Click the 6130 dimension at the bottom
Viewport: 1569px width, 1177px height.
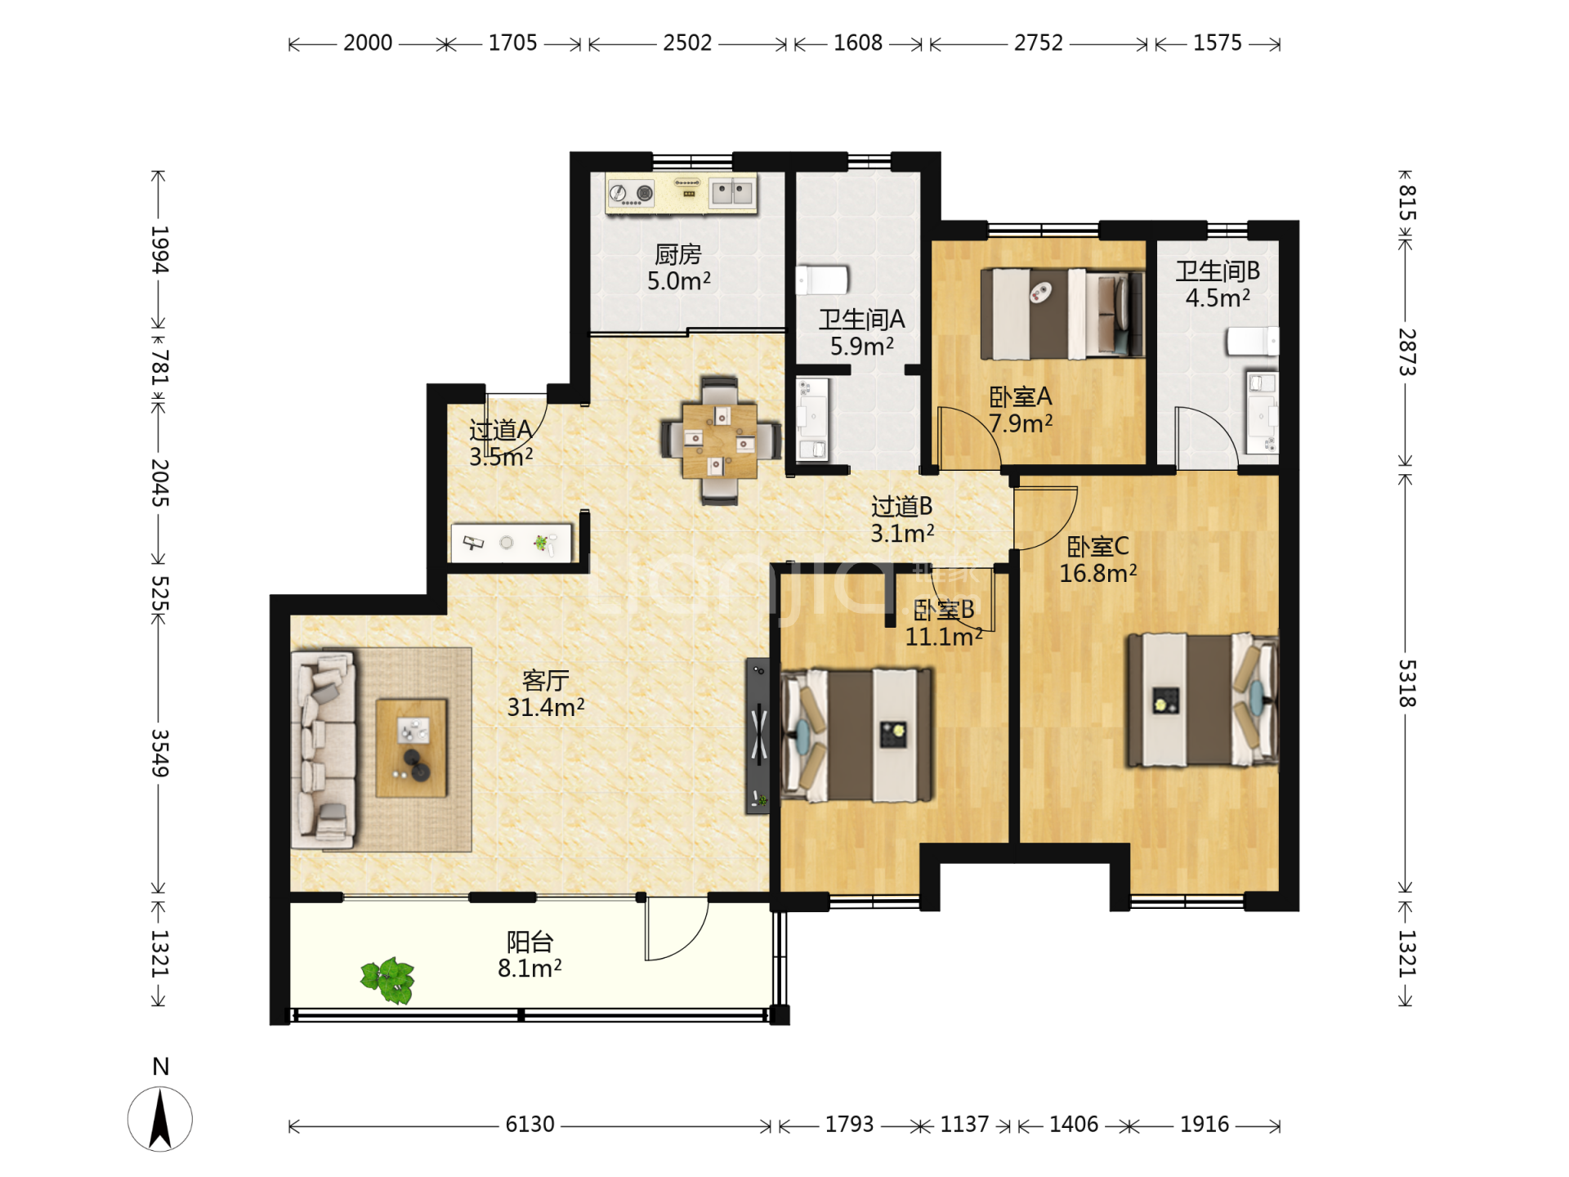[530, 1125]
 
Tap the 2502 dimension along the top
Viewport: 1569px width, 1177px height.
[687, 43]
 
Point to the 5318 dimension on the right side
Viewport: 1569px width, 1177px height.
[1406, 683]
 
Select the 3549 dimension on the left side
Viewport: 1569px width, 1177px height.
[160, 753]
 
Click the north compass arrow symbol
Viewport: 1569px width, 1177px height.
[160, 1119]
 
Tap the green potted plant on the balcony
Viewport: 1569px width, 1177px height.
[388, 980]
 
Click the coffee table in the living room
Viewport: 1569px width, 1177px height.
[411, 748]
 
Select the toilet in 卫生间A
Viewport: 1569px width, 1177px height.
[822, 280]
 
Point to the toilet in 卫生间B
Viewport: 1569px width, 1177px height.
[1253, 341]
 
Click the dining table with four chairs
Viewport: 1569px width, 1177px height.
[720, 441]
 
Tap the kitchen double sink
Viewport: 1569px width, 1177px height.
[732, 193]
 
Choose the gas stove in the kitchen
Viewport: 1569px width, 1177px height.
[632, 194]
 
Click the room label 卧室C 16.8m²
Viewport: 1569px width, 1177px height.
[1098, 560]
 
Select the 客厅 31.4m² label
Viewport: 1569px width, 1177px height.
[546, 694]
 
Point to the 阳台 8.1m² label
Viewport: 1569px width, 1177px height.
[530, 955]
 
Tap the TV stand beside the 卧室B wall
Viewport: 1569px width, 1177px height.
[758, 736]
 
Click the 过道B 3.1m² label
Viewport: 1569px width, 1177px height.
[902, 520]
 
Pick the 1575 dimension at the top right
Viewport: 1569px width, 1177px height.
[1217, 43]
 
